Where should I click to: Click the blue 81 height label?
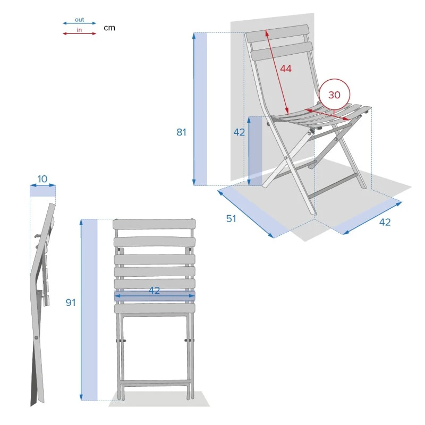pos(182,132)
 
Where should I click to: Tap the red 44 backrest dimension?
pos(286,69)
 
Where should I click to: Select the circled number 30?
pos(334,95)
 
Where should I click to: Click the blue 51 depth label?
pos(231,218)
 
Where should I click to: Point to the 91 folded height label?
pos(71,302)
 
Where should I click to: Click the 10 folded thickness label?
pos(42,178)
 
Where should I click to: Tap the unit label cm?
pos(109,28)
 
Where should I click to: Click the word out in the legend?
pos(79,20)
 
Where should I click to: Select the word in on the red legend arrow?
pos(79,30)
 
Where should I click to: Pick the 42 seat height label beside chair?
pos(239,132)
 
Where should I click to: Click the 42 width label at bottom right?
pos(385,222)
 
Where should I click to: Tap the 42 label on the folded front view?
pos(154,291)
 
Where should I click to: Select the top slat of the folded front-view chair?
pos(154,225)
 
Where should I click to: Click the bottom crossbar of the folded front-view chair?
pos(155,383)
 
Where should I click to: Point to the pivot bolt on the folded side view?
pos(36,337)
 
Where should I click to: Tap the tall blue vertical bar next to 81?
pos(200,109)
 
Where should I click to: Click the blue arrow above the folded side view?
pos(42,185)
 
